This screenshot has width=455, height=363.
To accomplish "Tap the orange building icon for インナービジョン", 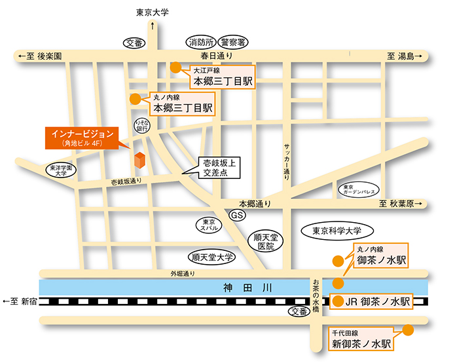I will point(139,159).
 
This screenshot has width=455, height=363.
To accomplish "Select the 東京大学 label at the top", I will point(153,12).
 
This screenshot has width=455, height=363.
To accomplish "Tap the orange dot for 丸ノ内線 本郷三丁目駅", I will point(135,100).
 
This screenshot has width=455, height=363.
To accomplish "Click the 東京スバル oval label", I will point(209,225).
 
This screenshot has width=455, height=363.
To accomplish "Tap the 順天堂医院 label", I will point(266,241).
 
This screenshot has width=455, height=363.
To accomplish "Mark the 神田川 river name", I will point(243,287).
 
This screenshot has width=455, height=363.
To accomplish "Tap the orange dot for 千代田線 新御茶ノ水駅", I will point(409,330).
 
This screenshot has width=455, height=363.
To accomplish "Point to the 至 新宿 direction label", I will point(20,302).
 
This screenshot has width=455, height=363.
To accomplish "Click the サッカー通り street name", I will point(287,161).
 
